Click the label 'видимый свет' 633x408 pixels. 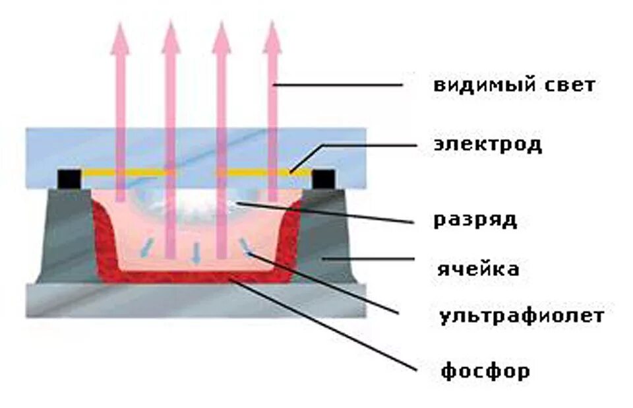[514, 85]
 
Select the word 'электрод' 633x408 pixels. [487, 145]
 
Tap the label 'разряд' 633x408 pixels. [475, 220]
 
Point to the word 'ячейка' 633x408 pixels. [478, 269]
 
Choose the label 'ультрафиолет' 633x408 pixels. [521, 316]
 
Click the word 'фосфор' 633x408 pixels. [485, 372]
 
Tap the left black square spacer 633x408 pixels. [69, 178]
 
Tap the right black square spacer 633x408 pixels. [322, 178]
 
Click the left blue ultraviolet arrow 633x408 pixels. [146, 245]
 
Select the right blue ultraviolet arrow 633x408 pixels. [246, 245]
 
